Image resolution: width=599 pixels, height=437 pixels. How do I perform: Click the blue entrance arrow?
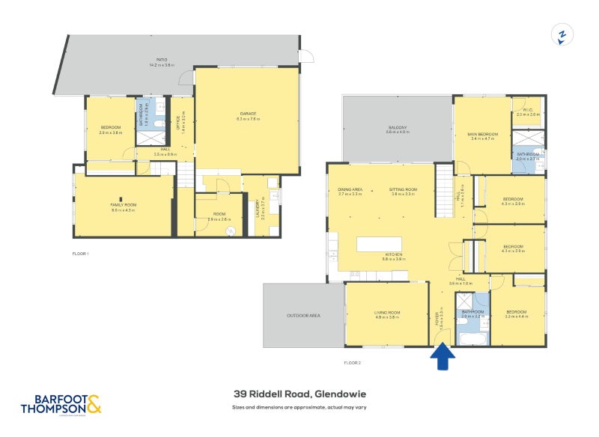443,357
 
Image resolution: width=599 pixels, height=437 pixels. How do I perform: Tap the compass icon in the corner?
562,34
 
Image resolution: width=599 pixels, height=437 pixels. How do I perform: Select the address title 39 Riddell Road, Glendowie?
299,394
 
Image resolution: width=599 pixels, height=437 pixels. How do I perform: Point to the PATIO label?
161,60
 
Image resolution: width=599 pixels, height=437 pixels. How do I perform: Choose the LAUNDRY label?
261,207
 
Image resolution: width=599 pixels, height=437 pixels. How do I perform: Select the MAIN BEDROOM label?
483,134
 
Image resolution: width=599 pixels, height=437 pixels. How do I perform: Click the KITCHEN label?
392,255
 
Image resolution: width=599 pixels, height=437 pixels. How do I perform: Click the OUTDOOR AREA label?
303,316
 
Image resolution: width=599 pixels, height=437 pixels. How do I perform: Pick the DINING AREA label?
350,189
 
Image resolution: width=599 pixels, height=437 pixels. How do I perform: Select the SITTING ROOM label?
402,189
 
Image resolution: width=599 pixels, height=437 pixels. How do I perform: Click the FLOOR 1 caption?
79,254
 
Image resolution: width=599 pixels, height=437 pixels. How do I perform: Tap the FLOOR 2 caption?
352,363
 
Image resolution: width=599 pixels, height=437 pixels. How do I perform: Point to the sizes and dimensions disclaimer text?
299,407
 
